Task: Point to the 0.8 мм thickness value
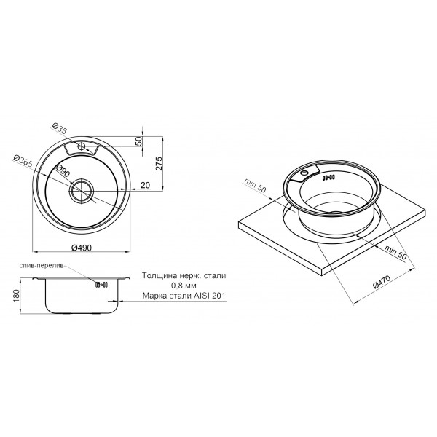[x=172, y=286]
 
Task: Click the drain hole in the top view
[x=81, y=190]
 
